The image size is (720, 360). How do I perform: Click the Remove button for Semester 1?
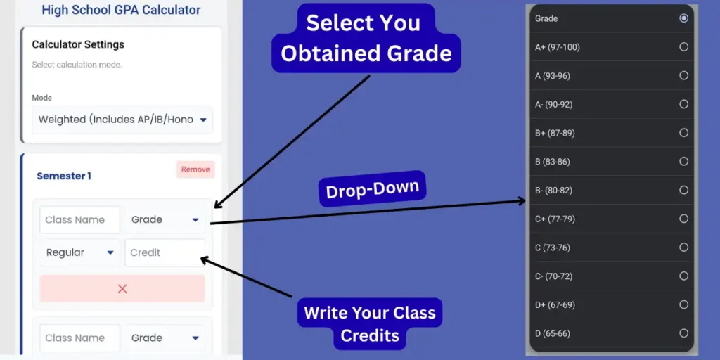pyautogui.click(x=195, y=169)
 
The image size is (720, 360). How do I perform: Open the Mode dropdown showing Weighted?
pyautogui.click(x=122, y=120)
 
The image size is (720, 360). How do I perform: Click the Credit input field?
pyautogui.click(x=165, y=252)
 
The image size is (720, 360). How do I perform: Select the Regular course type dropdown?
pyautogui.click(x=79, y=252)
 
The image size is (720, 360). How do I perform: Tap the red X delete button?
pyautogui.click(x=122, y=288)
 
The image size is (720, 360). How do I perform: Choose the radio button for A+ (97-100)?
pyautogui.click(x=683, y=47)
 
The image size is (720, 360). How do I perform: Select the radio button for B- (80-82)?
pyautogui.click(x=683, y=190)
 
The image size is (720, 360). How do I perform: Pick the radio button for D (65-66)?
pyautogui.click(x=683, y=333)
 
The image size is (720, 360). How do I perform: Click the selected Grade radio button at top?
pyautogui.click(x=683, y=18)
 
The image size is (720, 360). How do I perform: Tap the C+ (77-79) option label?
pyautogui.click(x=555, y=219)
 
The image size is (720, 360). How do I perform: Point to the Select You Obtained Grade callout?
pyautogui.click(x=366, y=38)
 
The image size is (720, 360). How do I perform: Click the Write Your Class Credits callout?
pyautogui.click(x=369, y=324)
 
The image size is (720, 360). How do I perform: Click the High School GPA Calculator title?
pyautogui.click(x=121, y=10)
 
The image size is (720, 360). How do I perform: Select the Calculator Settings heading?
pyautogui.click(x=78, y=44)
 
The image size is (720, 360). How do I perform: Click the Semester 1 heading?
pyautogui.click(x=64, y=176)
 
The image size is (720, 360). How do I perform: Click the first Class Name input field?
pyautogui.click(x=79, y=219)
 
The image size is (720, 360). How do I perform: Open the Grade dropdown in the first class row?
pyautogui.click(x=165, y=219)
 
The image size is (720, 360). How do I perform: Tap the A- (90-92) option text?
pyautogui.click(x=553, y=104)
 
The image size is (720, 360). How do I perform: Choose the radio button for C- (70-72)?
pyautogui.click(x=683, y=276)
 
